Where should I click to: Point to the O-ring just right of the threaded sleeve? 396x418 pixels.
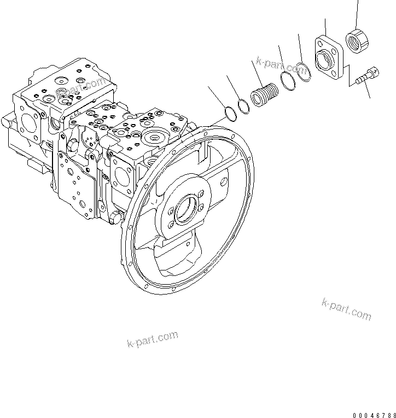(x=288, y=81)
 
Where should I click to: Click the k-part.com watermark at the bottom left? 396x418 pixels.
(x=153, y=340)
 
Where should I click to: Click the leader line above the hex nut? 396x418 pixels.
(x=358, y=14)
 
